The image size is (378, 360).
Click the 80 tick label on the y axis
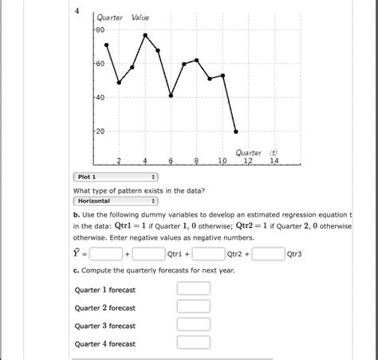[100, 30]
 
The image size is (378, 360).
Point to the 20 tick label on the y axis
[100, 131]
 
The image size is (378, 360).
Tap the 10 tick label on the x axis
[222, 161]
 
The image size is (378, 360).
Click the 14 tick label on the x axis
[274, 161]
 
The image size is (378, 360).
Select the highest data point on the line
[145, 35]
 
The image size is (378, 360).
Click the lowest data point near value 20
[236, 131]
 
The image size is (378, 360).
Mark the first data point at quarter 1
[106, 45]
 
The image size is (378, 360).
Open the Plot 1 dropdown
[115, 177]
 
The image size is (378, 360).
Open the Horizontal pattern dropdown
[115, 202]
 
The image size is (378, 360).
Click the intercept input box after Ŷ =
[105, 254]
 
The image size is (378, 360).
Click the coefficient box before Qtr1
[148, 254]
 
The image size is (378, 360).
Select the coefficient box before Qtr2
[207, 254]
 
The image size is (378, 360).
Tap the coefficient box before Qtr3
[269, 254]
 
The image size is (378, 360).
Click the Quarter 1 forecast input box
[193, 289]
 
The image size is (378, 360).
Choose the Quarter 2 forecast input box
[193, 307]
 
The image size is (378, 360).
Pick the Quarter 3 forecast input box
[193, 325]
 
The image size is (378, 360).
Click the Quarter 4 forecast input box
[193, 343]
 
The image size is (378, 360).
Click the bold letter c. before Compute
[75, 271]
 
